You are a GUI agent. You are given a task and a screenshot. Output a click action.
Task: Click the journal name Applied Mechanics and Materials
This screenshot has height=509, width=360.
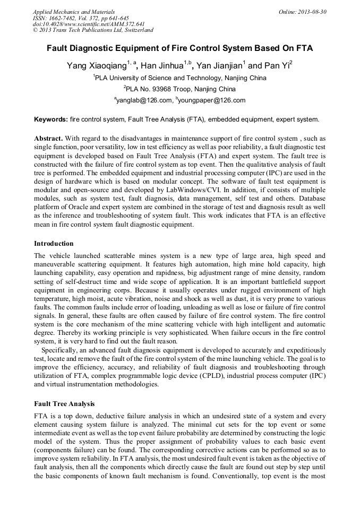pyautogui.click(x=74, y=11)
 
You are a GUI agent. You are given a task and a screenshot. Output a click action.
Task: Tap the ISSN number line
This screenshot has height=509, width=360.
pyautogui.click(x=81, y=18)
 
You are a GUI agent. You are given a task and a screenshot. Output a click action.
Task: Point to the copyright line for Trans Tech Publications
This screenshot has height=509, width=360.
pyautogui.click(x=93, y=30)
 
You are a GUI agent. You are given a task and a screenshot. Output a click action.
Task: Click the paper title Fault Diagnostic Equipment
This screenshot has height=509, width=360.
pyautogui.click(x=179, y=48)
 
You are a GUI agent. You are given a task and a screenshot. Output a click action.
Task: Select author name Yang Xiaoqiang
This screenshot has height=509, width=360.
pyautogui.click(x=96, y=66)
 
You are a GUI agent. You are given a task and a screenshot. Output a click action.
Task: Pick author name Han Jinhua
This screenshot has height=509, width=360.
pyautogui.click(x=161, y=66)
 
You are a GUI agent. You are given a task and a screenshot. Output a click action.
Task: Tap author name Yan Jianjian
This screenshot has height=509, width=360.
pyautogui.click(x=219, y=66)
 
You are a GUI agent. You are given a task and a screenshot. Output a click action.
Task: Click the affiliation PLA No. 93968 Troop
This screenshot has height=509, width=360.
pyautogui.click(x=179, y=89)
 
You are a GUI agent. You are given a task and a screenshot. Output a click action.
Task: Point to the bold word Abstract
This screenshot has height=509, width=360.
pyautogui.click(x=49, y=138)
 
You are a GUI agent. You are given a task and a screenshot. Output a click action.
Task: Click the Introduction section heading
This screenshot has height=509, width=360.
pyautogui.click(x=54, y=244)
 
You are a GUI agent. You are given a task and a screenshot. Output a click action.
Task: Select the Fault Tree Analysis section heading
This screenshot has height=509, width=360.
pyautogui.click(x=65, y=404)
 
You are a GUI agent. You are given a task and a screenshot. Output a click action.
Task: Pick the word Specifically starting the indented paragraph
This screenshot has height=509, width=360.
pyautogui.click(x=59, y=350)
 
